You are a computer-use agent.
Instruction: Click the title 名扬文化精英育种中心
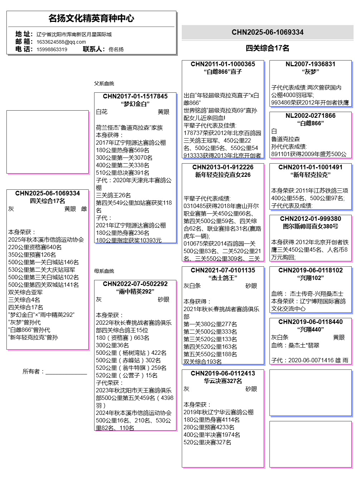point(91,18)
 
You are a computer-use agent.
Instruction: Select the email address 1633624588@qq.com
point(61,42)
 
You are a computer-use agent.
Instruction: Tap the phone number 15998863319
point(52,49)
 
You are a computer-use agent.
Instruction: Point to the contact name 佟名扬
point(116,49)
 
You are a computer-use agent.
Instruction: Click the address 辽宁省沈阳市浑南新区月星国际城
point(74,34)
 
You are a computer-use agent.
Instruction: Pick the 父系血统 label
point(104,83)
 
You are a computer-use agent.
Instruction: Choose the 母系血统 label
point(104,271)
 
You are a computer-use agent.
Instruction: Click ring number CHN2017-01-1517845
point(135,96)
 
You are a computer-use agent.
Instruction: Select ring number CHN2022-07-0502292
point(135,284)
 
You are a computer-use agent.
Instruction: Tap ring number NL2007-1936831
point(311,64)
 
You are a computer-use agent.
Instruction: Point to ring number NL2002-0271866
point(311,116)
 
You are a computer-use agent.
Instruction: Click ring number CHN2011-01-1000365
point(223,64)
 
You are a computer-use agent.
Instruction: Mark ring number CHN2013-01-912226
point(223,167)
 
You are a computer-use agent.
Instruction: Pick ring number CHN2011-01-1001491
point(311,167)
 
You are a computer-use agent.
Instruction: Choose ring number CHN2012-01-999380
point(311,219)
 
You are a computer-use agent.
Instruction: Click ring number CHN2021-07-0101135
point(223,270)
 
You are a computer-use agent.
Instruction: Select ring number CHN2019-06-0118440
point(311,322)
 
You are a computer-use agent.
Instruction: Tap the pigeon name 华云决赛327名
point(223,381)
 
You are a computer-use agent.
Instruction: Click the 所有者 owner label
point(33,372)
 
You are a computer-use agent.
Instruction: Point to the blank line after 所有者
point(66,373)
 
